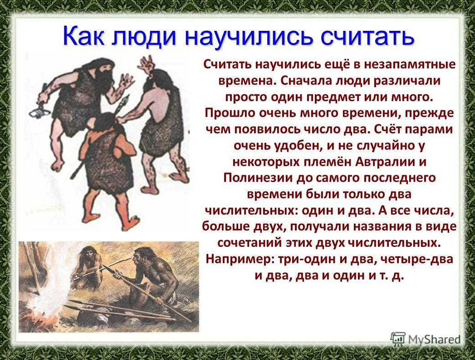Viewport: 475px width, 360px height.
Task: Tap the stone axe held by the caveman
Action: [39, 111]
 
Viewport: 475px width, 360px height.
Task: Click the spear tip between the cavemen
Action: [125, 102]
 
